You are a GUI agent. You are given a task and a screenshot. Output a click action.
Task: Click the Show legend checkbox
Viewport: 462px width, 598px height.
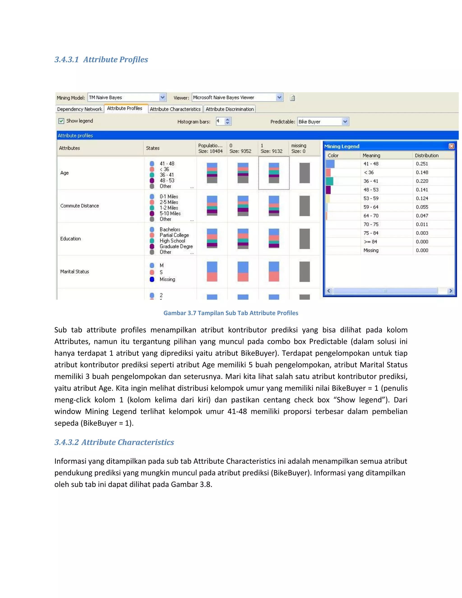tap(61, 121)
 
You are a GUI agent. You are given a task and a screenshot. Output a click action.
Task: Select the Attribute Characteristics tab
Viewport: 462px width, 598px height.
tap(175, 109)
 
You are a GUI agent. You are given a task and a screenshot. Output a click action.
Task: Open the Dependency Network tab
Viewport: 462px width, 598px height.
tap(80, 109)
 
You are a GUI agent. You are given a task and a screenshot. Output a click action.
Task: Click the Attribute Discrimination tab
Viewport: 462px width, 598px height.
tap(230, 109)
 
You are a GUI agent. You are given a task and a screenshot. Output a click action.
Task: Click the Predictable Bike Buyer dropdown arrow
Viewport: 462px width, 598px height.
tap(345, 122)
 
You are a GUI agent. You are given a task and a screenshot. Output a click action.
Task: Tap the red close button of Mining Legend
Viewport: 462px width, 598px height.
tap(451, 146)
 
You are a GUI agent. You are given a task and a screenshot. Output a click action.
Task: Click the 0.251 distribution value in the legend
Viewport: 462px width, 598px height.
tap(422, 164)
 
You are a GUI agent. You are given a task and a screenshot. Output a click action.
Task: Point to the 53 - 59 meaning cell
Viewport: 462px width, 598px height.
tap(371, 198)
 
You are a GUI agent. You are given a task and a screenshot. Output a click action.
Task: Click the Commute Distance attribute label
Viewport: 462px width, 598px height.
tap(80, 206)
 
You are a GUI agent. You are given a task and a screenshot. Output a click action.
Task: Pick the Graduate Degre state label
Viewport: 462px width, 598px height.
tap(176, 246)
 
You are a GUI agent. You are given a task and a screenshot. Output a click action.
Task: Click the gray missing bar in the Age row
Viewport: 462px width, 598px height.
tap(304, 173)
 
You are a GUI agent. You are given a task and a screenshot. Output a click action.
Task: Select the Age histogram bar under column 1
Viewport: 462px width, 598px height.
tap(274, 173)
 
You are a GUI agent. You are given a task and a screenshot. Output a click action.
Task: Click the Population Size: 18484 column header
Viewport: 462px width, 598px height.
tap(210, 148)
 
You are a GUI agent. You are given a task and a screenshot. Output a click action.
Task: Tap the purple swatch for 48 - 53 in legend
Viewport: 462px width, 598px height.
tap(328, 190)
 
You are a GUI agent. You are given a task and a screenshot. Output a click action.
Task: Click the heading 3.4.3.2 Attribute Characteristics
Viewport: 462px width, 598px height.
tap(114, 442)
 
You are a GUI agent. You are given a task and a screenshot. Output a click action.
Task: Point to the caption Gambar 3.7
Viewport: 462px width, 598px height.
tap(231, 313)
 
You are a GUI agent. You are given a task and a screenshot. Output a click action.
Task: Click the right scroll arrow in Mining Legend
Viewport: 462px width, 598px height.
tap(450, 291)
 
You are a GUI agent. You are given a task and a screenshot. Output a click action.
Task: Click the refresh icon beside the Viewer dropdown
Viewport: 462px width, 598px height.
tap(292, 98)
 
